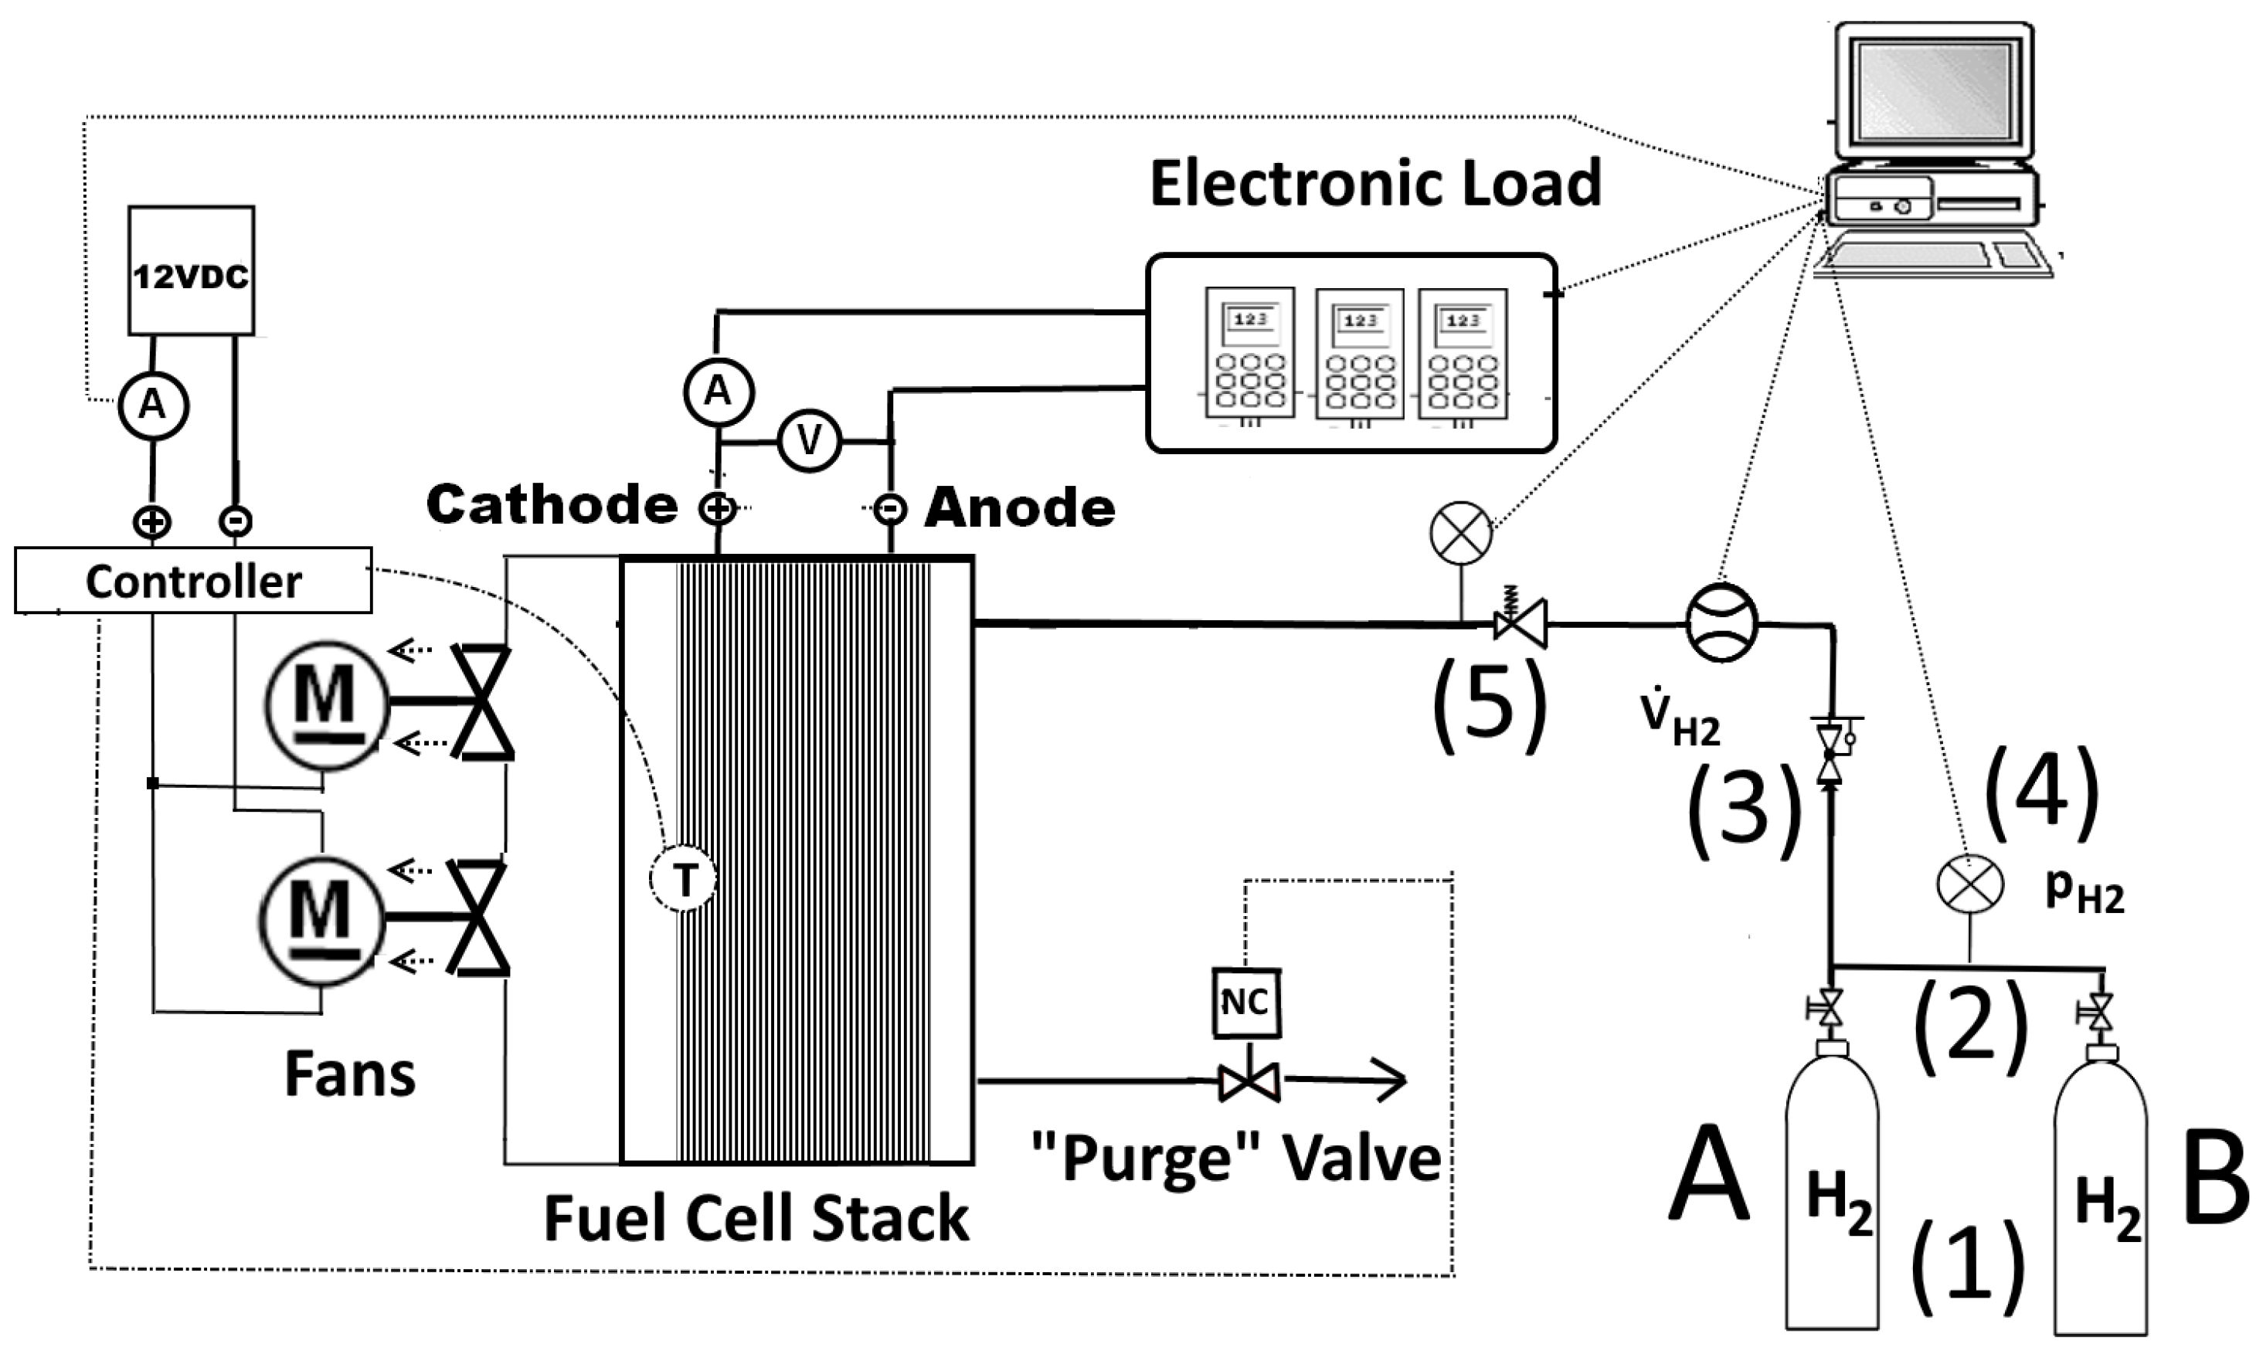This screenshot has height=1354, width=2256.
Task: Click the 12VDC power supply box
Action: (x=191, y=270)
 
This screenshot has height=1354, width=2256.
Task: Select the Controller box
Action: (x=192, y=580)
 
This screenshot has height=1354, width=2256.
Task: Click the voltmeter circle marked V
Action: (x=809, y=442)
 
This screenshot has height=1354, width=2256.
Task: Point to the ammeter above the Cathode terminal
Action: (x=719, y=392)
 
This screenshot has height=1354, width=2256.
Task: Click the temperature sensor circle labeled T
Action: (x=684, y=880)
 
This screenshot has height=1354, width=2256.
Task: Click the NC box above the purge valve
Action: (x=1245, y=1003)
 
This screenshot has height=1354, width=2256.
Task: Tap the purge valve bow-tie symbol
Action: (x=1249, y=1082)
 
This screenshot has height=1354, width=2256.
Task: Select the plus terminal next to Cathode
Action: (x=717, y=508)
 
